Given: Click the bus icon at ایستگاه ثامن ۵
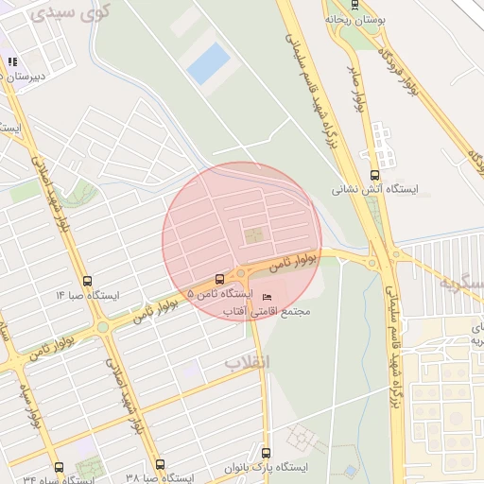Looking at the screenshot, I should point(220,279).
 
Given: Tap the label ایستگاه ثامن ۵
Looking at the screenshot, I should point(213,295).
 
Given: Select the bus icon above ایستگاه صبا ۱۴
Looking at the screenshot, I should point(88,281).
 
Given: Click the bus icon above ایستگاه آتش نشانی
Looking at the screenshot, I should point(374,175).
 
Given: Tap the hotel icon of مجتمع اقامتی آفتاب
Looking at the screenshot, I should point(267,298).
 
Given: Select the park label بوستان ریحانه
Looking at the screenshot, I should point(353,18).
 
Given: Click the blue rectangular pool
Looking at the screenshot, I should point(208,62).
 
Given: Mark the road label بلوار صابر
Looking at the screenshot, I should point(360,86).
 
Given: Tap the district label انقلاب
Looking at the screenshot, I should point(247,362).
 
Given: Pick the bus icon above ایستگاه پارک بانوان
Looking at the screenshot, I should point(266,452).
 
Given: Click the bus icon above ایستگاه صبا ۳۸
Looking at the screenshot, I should point(160,464).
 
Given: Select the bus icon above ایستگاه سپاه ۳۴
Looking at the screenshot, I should point(60,467).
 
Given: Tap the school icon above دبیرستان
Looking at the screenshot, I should point(12,61).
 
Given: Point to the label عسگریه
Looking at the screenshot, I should point(460,283).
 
